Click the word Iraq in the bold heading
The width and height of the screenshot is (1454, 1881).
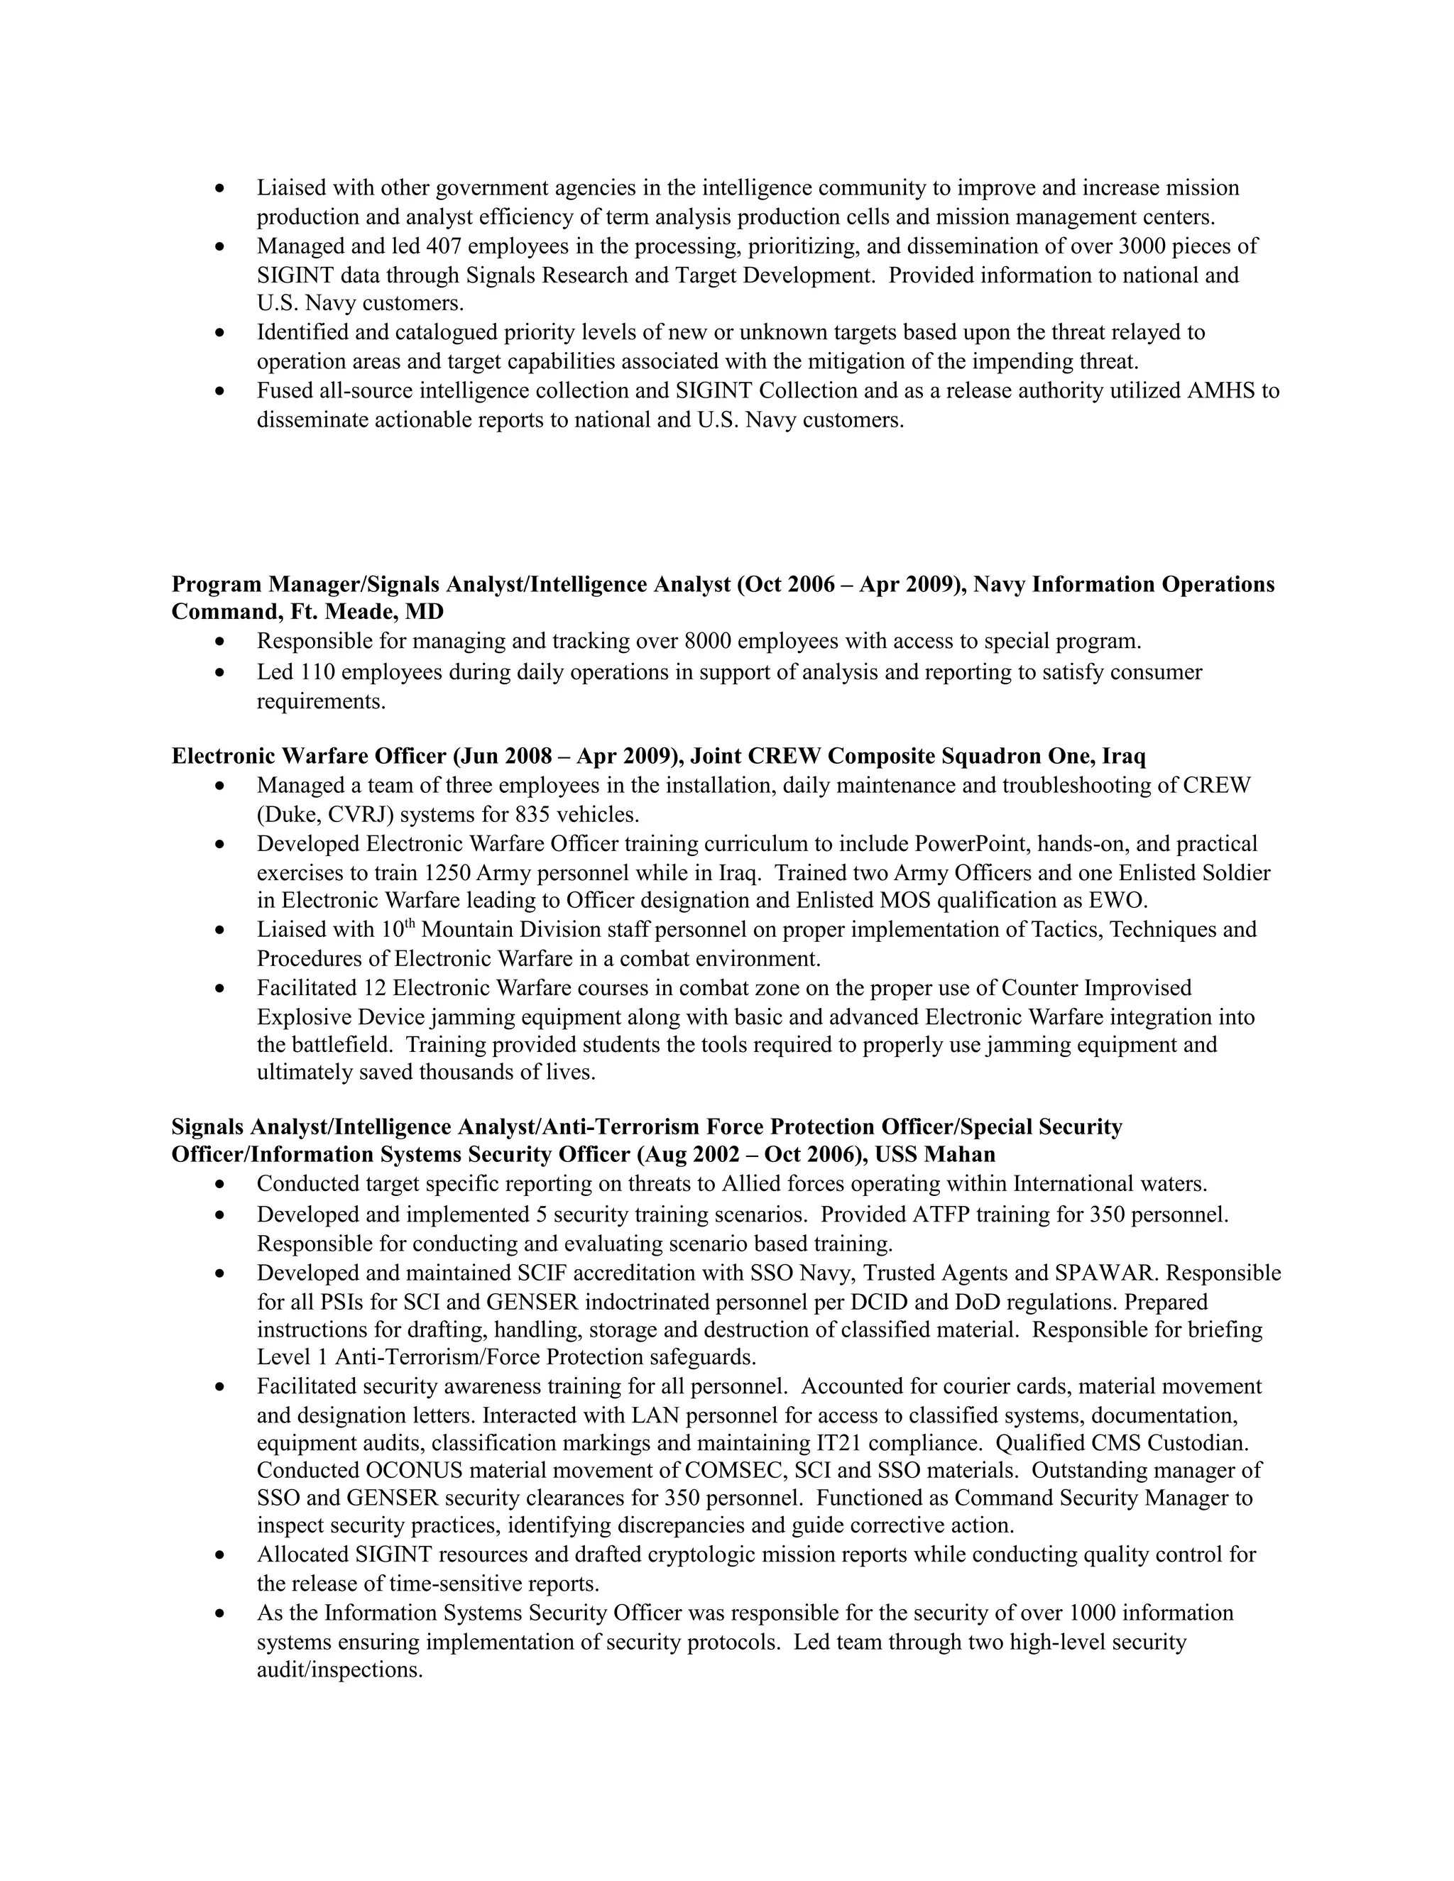1123,756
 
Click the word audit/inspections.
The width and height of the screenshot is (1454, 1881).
339,1670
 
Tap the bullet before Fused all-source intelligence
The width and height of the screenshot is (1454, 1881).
222,392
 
